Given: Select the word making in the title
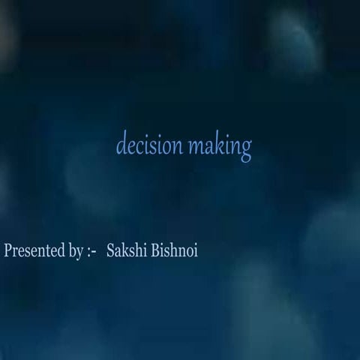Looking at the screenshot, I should tap(219, 147).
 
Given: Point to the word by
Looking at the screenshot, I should tap(76, 251).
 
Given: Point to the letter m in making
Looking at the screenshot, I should tap(195, 146).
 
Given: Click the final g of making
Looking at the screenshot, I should tap(245, 149).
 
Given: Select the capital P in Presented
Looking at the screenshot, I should tap(8, 250).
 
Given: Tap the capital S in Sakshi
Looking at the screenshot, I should tap(112, 250).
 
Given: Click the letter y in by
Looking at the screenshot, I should tap(79, 253).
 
